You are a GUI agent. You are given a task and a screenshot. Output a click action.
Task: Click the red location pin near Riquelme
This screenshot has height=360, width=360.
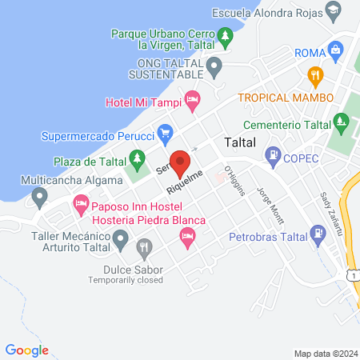tap(181, 163)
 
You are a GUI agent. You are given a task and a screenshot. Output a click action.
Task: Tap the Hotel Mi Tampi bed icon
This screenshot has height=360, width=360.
tap(191, 100)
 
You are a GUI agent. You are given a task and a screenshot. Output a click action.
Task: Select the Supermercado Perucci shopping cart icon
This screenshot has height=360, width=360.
tap(165, 131)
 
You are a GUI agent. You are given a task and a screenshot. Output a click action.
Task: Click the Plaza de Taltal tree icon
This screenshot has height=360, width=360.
tap(137, 160)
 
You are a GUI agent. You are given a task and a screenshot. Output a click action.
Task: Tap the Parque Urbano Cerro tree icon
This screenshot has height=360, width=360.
tap(226, 37)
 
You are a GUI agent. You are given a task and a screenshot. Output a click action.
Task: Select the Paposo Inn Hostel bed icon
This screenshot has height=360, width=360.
tap(80, 206)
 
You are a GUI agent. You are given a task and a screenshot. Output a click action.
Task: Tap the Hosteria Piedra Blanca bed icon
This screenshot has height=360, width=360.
tap(187, 235)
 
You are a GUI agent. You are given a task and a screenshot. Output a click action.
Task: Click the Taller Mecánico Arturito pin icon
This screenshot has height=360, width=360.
tap(121, 238)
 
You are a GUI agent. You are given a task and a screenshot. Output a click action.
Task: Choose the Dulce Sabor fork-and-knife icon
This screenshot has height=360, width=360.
tap(144, 249)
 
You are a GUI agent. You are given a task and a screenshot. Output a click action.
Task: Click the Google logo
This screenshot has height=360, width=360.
tap(27, 350)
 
